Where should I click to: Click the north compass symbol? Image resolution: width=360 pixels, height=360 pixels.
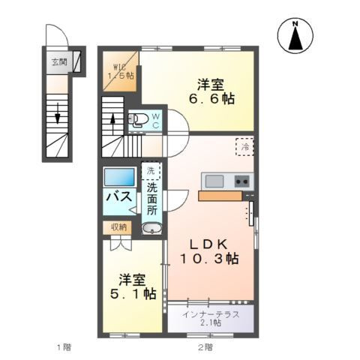pyautogui.click(x=295, y=35)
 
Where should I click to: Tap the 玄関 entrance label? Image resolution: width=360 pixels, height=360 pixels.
pyautogui.click(x=59, y=62)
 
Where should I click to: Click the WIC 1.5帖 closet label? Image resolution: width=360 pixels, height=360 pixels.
pyautogui.click(x=120, y=70)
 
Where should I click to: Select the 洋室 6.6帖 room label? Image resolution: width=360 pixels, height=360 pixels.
pyautogui.click(x=212, y=93)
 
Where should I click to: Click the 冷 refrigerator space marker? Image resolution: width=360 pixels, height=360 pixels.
pyautogui.click(x=245, y=146)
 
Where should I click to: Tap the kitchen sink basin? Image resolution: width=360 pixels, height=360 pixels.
pyautogui.click(x=214, y=181)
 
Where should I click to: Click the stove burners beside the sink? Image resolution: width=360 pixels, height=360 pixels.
pyautogui.click(x=242, y=181)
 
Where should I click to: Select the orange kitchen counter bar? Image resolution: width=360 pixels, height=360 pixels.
pyautogui.click(x=220, y=196)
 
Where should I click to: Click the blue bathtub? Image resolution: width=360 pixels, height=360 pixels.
pyautogui.click(x=118, y=178)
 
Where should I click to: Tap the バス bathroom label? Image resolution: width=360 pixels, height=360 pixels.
pyautogui.click(x=118, y=197)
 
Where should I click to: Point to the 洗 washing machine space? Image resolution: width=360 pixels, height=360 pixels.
pyautogui.click(x=152, y=172)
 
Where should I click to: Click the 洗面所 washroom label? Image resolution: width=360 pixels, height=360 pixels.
pyautogui.click(x=152, y=199)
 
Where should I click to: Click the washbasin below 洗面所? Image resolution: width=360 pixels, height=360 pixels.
pyautogui.click(x=152, y=229)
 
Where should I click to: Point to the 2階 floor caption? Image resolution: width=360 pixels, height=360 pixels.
pyautogui.click(x=204, y=347)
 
